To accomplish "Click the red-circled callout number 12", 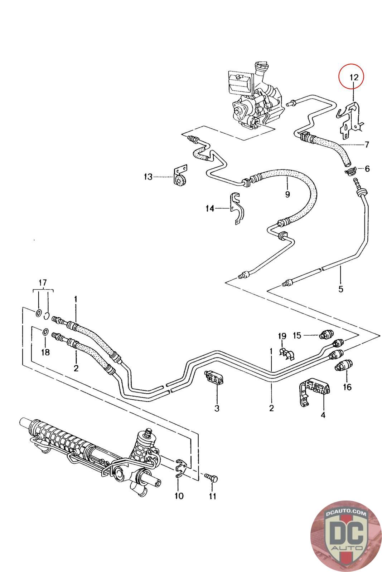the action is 354,77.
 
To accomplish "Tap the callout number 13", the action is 148,177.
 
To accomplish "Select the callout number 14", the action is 210,209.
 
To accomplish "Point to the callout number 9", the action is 287,194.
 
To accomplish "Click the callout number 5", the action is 340,289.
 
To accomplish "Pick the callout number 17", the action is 43,283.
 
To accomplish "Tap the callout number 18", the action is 45,352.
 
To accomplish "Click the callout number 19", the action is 282,336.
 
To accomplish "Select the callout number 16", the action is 347,387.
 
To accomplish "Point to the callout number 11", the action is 213,496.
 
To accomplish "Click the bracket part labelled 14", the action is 237,208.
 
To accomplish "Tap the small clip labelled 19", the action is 287,354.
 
